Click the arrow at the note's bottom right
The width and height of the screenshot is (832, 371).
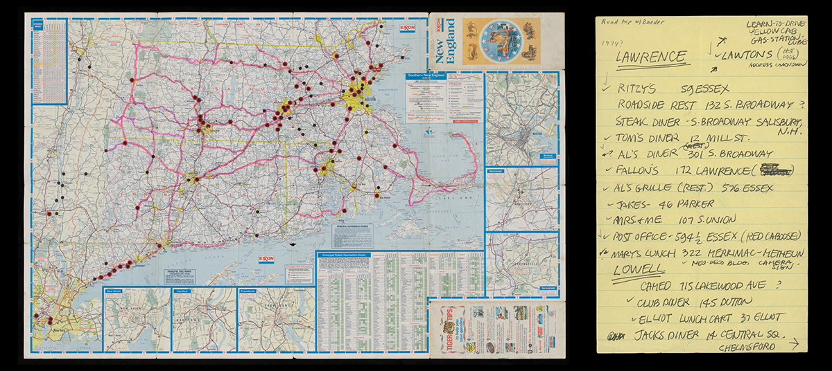[794, 343]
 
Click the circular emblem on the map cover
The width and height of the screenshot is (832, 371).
[503, 40]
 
